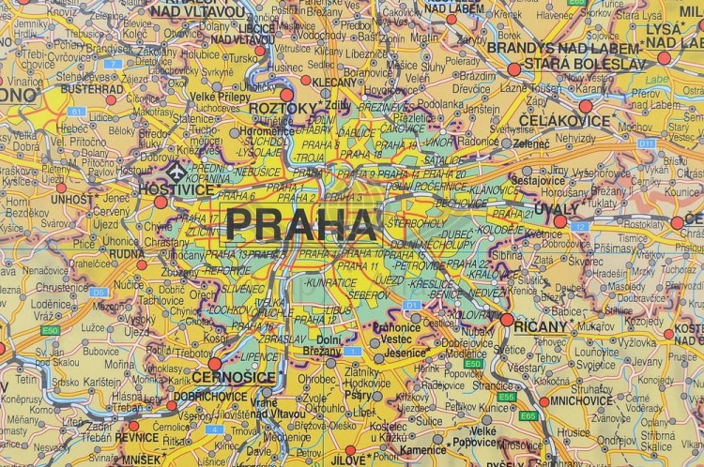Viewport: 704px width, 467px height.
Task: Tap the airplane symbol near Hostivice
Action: [175, 172]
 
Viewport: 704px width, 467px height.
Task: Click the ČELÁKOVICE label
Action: [559, 121]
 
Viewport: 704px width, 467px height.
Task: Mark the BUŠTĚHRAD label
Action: [92, 88]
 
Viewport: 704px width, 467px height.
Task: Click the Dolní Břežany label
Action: [329, 345]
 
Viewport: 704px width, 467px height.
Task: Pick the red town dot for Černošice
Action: [214, 364]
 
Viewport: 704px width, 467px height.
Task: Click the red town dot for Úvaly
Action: [560, 221]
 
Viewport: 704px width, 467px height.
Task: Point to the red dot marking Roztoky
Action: [287, 95]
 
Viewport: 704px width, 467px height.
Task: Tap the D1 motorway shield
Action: [409, 306]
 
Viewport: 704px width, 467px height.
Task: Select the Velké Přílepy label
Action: [220, 96]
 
